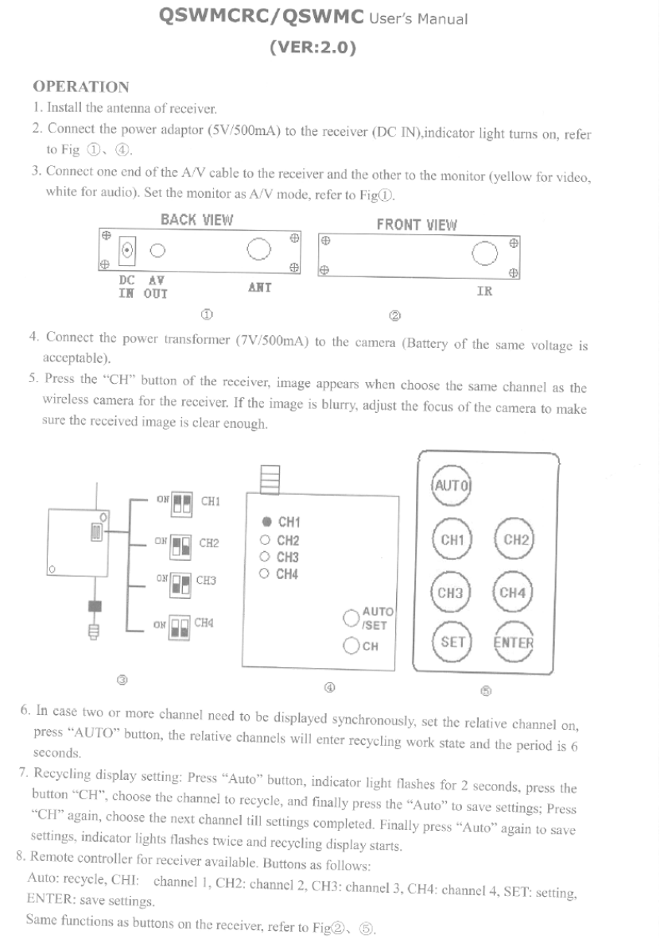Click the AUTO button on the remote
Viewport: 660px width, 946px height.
tap(451, 484)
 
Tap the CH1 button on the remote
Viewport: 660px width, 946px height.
tap(451, 540)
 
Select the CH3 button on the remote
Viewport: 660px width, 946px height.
tap(451, 593)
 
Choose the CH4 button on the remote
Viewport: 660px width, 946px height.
tap(513, 593)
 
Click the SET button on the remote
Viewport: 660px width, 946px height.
tap(451, 642)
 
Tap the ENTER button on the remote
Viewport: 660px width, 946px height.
tap(513, 642)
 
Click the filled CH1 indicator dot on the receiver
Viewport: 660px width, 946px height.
tap(267, 522)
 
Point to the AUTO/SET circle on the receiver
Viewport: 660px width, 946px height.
tap(351, 617)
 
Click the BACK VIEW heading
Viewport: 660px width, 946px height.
tap(196, 220)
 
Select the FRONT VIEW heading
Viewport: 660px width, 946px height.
tap(416, 224)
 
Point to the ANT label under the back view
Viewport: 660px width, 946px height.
tap(259, 288)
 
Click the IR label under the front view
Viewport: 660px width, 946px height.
tap(483, 292)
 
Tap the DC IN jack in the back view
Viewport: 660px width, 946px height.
tap(126, 252)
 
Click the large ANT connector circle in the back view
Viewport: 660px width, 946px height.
tap(258, 249)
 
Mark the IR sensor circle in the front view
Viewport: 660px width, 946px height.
tap(483, 253)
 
